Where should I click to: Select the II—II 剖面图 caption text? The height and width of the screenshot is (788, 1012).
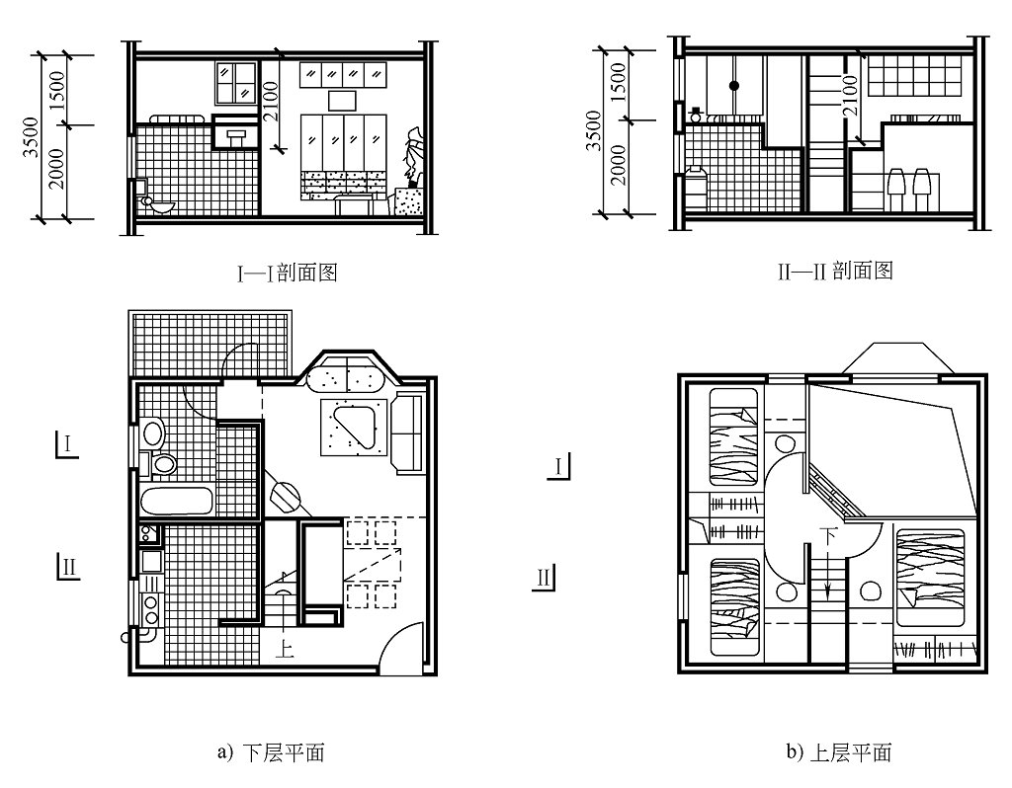click(x=834, y=271)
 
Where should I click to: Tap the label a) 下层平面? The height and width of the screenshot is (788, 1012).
click(x=270, y=752)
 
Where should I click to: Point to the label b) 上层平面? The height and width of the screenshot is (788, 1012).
click(x=839, y=752)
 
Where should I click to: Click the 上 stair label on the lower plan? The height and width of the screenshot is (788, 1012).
click(x=285, y=650)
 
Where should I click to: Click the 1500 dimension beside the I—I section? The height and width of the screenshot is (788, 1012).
click(x=56, y=90)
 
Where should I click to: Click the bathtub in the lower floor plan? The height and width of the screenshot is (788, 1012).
click(x=177, y=501)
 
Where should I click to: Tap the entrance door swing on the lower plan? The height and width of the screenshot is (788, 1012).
click(x=399, y=652)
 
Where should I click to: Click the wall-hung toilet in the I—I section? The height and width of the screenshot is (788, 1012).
click(x=157, y=204)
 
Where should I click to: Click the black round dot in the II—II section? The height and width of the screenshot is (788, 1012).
click(x=734, y=86)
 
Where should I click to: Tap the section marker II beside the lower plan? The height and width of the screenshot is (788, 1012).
click(x=68, y=568)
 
